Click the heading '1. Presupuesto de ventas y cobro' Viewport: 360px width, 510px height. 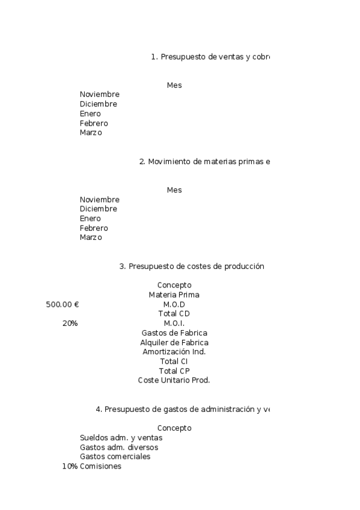coord(210,57)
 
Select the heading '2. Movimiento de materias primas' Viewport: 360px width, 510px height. coord(204,162)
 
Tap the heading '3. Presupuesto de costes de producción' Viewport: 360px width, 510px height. coord(192,266)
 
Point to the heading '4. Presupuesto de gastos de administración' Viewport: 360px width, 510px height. coord(183,410)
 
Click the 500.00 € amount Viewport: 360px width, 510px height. coord(63,304)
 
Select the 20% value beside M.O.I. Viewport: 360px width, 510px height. coord(70,324)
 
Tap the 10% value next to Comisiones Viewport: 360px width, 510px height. coord(70,466)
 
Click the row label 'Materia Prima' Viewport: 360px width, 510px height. coord(174,295)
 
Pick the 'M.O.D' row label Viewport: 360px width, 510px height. coord(174,304)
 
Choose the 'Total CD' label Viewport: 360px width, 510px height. coord(174,314)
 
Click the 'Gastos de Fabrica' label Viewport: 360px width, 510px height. coord(174,333)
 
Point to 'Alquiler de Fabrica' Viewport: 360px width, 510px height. coord(174,343)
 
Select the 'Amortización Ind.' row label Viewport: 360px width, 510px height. coord(174,352)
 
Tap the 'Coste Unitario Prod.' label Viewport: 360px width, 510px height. coord(174,380)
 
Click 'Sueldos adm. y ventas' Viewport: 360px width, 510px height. coord(121,438)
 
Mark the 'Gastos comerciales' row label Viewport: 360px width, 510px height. coord(115,456)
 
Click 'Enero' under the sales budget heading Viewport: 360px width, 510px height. coord(90,114)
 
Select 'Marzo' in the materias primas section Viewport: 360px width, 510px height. coord(91,238)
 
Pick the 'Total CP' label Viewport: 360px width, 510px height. coord(174,371)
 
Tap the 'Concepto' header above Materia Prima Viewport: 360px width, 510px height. coord(174,285)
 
